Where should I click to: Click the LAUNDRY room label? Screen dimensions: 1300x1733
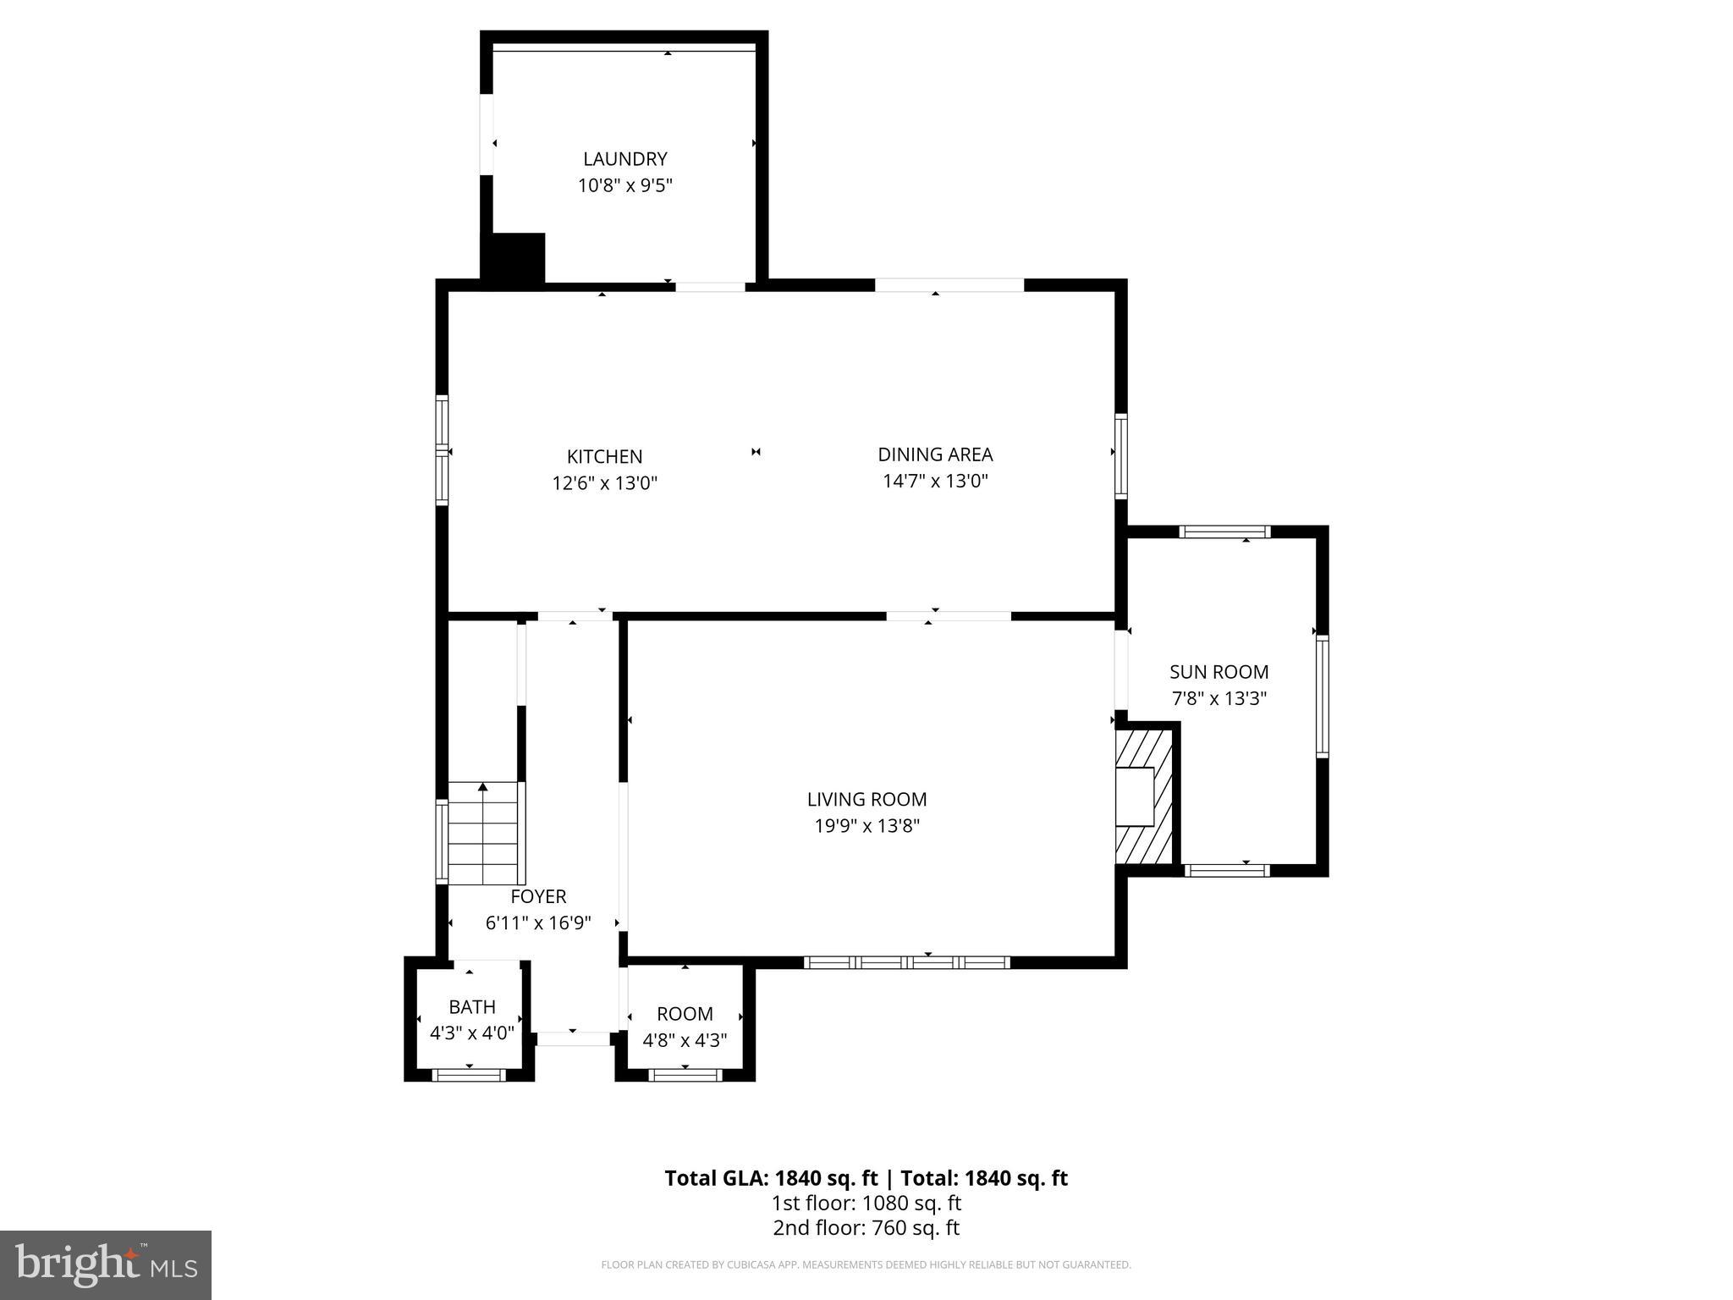(624, 159)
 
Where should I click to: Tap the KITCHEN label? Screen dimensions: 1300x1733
(604, 457)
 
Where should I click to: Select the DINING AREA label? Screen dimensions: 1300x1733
(935, 454)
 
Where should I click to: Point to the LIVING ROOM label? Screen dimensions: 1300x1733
(866, 799)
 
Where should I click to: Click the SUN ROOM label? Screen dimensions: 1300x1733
(1219, 672)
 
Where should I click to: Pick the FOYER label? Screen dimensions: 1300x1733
(538, 896)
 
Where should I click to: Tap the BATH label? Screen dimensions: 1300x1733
(472, 1007)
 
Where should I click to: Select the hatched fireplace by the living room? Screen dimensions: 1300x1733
(1144, 796)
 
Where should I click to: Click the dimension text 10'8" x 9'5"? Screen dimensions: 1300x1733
(624, 185)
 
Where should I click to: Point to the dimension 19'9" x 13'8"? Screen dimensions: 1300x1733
(866, 826)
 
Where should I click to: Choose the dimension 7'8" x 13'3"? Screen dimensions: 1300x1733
(1219, 699)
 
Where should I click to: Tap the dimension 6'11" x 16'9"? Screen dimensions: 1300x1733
(538, 923)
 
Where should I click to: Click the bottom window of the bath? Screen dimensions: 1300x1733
(469, 1075)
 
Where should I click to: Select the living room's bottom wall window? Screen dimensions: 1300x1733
(906, 962)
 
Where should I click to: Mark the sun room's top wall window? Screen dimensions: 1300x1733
(1224, 532)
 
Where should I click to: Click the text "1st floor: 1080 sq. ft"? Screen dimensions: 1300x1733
(866, 1203)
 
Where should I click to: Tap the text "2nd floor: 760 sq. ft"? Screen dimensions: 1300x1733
(866, 1228)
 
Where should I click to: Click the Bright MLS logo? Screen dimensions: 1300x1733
(106, 1264)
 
